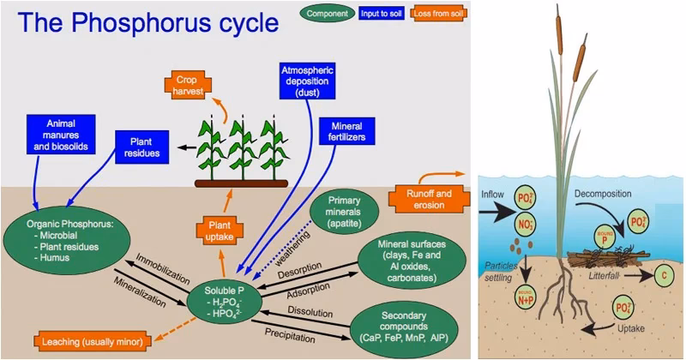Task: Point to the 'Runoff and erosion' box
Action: pyautogui.click(x=426, y=199)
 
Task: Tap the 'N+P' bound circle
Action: pyautogui.click(x=523, y=299)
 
